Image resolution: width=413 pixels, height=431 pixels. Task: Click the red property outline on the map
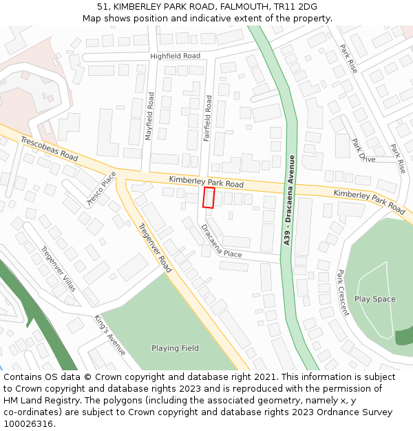(x=209, y=197)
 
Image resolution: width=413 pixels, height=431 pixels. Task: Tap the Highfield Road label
(x=175, y=56)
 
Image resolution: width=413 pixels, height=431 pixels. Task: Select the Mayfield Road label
(x=149, y=116)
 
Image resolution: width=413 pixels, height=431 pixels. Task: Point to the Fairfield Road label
(x=207, y=119)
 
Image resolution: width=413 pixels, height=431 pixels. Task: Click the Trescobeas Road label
(x=49, y=148)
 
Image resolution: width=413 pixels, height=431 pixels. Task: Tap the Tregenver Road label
(x=155, y=246)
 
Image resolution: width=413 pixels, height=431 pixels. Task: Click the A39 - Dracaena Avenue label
(x=288, y=200)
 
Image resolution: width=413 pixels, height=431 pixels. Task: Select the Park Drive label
(x=363, y=150)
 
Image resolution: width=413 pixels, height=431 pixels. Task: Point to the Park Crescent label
(x=343, y=292)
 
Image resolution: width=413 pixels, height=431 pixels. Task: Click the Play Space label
(x=375, y=299)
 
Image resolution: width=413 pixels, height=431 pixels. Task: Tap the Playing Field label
(x=175, y=348)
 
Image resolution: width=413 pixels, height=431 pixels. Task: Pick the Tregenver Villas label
(x=58, y=269)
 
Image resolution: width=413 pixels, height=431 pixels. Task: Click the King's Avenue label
(x=110, y=335)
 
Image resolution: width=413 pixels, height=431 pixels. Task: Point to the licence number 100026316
(x=30, y=424)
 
